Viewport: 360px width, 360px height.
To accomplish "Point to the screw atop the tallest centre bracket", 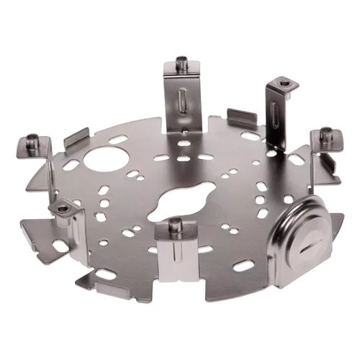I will [182, 63].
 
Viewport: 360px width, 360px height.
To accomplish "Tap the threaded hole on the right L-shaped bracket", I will [286, 84].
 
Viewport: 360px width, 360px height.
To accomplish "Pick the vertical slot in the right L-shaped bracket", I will [275, 115].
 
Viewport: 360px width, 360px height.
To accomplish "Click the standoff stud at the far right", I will [326, 133].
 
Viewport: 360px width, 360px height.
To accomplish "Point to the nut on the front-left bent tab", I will [63, 208].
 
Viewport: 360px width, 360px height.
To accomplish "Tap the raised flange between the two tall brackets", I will [242, 117].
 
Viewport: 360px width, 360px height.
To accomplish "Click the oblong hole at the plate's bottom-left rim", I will [105, 274].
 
